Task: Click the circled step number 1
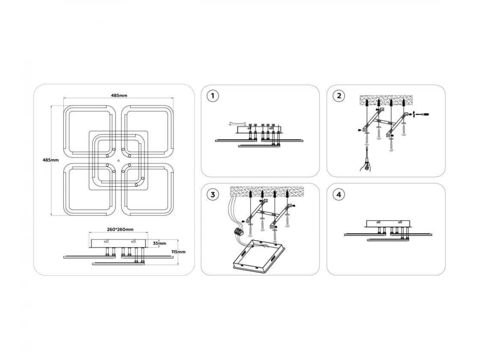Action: pos(212,96)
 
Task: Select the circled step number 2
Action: pos(339,96)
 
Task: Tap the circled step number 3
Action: pos(212,194)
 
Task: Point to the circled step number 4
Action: pos(339,194)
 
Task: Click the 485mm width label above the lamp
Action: pos(119,95)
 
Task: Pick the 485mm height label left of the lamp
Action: pos(50,160)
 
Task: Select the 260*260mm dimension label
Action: pos(120,229)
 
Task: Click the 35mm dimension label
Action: pos(159,243)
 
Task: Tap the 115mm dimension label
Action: pos(178,252)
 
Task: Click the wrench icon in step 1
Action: pos(237,124)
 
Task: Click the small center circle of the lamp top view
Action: pos(118,161)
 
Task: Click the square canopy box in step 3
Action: pos(259,255)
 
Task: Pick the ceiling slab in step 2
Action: pos(386,100)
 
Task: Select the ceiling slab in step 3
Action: pos(267,192)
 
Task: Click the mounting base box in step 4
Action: pos(388,223)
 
